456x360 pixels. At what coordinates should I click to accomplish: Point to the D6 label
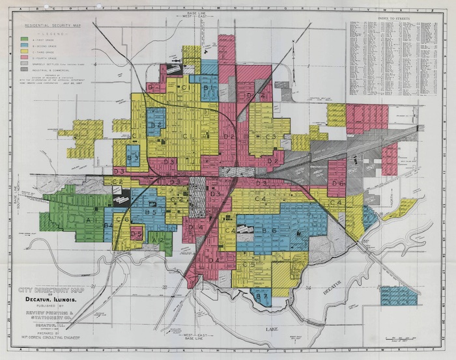click(x=337, y=184)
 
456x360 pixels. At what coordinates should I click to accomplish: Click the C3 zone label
click(x=270, y=136)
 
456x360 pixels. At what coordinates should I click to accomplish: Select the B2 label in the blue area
click(x=155, y=123)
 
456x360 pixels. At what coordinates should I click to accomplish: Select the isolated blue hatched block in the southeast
click(x=398, y=297)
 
